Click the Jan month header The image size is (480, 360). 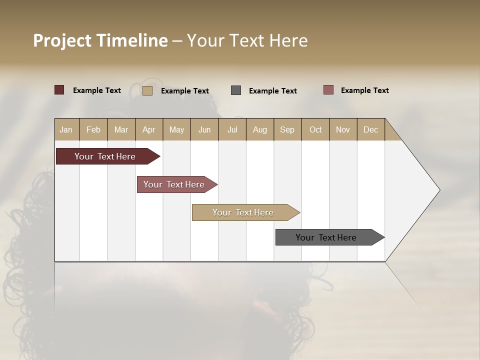(x=66, y=129)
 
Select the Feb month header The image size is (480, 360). (x=93, y=129)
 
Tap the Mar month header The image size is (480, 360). (x=121, y=129)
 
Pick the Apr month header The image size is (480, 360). (x=149, y=129)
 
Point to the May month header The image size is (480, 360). (x=176, y=129)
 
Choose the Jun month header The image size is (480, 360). (x=204, y=129)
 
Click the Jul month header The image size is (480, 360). (x=232, y=129)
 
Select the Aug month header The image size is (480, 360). (x=260, y=129)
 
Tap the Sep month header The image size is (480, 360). (x=287, y=129)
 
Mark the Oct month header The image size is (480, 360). (x=315, y=129)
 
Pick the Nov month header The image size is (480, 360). (x=343, y=129)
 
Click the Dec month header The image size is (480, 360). (x=371, y=129)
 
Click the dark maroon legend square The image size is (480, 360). (x=59, y=90)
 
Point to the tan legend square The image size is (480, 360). (x=147, y=90)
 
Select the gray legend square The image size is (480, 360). (x=236, y=90)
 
